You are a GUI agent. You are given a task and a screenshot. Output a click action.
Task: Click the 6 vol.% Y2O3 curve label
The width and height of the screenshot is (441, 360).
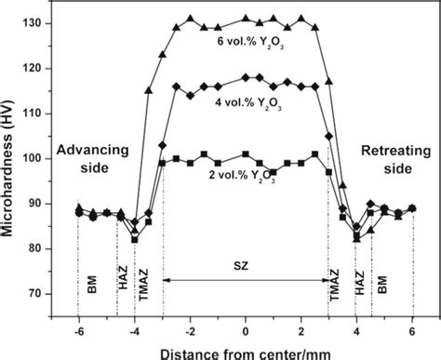click(x=245, y=41)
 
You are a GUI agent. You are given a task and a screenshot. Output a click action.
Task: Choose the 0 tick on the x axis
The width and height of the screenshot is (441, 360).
click(x=245, y=331)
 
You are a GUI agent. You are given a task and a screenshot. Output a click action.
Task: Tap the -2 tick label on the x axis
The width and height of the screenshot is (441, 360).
click(x=188, y=331)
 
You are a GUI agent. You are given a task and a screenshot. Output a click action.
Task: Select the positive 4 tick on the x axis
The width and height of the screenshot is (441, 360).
click(x=356, y=331)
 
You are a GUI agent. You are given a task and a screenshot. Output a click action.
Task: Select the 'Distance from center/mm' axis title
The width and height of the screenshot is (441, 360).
click(x=245, y=351)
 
